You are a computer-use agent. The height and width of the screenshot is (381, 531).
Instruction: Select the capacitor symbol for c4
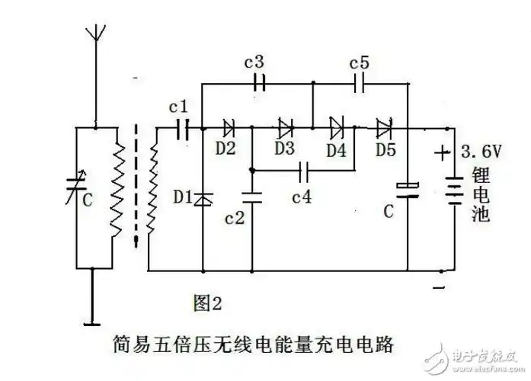(x=305, y=168)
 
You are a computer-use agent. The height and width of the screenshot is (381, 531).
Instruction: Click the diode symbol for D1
(x=203, y=199)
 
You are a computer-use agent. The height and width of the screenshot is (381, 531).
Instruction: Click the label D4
(x=336, y=149)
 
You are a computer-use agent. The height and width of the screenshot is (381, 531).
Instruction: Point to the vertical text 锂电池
(x=480, y=194)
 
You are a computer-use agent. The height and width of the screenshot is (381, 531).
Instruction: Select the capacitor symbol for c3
(x=259, y=82)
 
